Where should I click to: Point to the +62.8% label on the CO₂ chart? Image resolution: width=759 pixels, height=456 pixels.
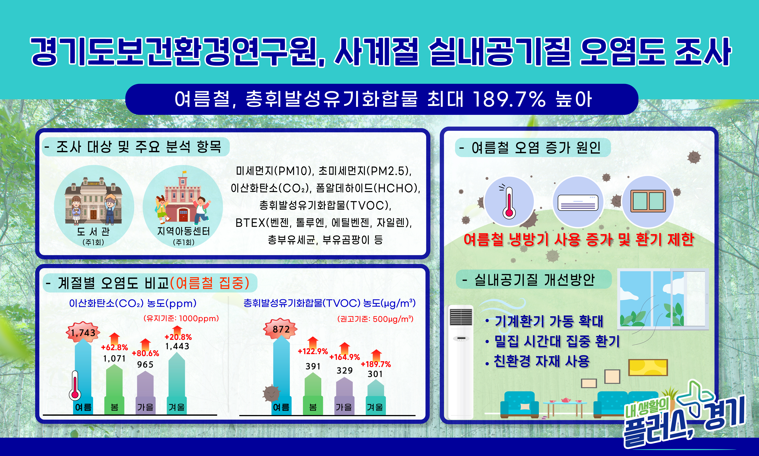[114, 347]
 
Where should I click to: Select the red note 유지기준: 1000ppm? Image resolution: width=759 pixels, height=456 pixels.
[181, 318]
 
